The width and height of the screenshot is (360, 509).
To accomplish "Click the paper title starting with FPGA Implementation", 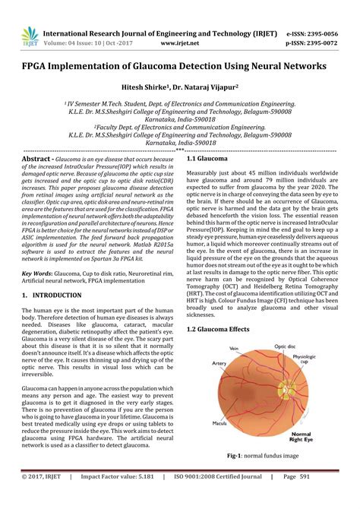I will click(x=180, y=67).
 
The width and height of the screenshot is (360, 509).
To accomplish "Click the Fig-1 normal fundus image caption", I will click(x=264, y=455).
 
